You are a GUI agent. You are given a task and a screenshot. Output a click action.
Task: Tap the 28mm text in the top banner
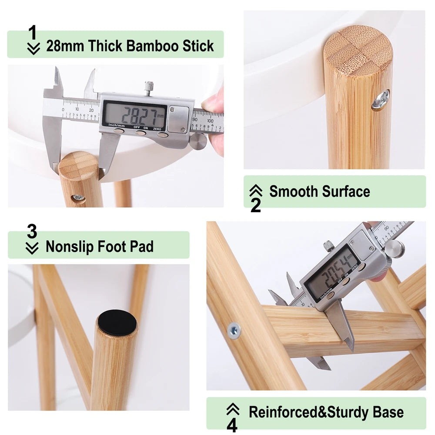click(x=65, y=46)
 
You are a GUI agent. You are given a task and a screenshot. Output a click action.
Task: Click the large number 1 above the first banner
click(x=33, y=33)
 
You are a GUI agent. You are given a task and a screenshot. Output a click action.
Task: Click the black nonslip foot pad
click(x=117, y=323)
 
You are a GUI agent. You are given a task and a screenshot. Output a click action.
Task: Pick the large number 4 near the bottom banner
click(x=232, y=425)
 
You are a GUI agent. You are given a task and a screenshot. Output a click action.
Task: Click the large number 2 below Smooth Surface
click(x=255, y=205)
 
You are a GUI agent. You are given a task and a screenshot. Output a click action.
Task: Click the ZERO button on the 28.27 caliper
click(x=162, y=134)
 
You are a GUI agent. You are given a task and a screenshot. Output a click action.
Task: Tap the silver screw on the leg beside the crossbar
click(x=234, y=331)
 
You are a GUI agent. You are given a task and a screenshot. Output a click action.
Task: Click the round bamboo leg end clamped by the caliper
click(x=78, y=166)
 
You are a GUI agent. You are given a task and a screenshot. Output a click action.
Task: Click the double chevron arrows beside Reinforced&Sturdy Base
click(x=233, y=409)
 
